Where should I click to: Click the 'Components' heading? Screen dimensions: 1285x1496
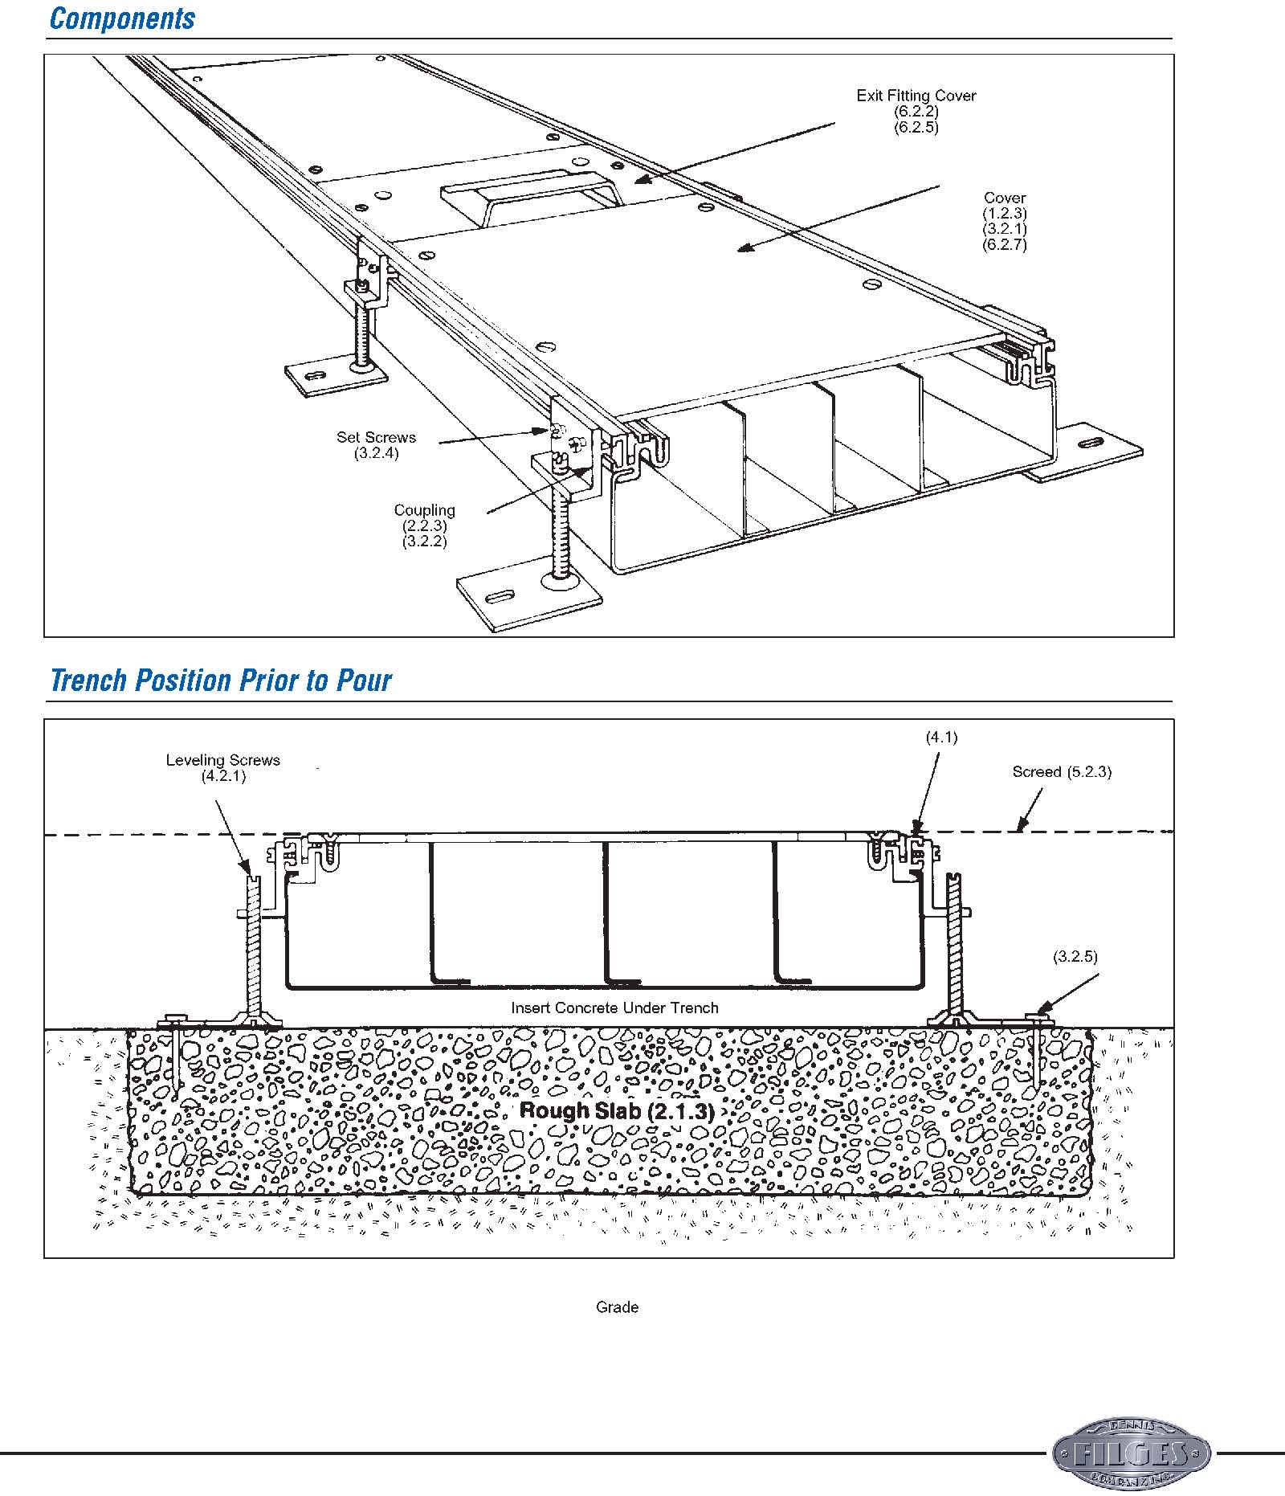122,19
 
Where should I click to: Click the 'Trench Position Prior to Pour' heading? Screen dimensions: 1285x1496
220,681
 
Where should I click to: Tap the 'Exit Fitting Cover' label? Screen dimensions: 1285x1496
916,96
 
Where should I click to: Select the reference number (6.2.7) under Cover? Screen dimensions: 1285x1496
1005,244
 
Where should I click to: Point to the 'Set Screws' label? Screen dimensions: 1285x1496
376,437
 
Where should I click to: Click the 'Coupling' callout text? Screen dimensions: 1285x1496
424,510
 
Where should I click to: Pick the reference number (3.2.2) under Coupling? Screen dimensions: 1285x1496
424,541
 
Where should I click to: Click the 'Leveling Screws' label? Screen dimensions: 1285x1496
222,760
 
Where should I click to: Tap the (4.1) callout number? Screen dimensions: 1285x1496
941,737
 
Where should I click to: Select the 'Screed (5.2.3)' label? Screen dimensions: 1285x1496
1062,772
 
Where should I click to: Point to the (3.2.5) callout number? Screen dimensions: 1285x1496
1075,956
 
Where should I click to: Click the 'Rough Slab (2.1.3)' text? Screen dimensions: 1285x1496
617,1111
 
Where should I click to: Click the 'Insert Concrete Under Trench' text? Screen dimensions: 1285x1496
614,1008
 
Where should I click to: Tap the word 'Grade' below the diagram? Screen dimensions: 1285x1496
617,1307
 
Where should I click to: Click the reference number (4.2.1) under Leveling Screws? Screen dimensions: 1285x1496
223,776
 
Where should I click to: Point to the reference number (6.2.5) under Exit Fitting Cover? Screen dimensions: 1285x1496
916,127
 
